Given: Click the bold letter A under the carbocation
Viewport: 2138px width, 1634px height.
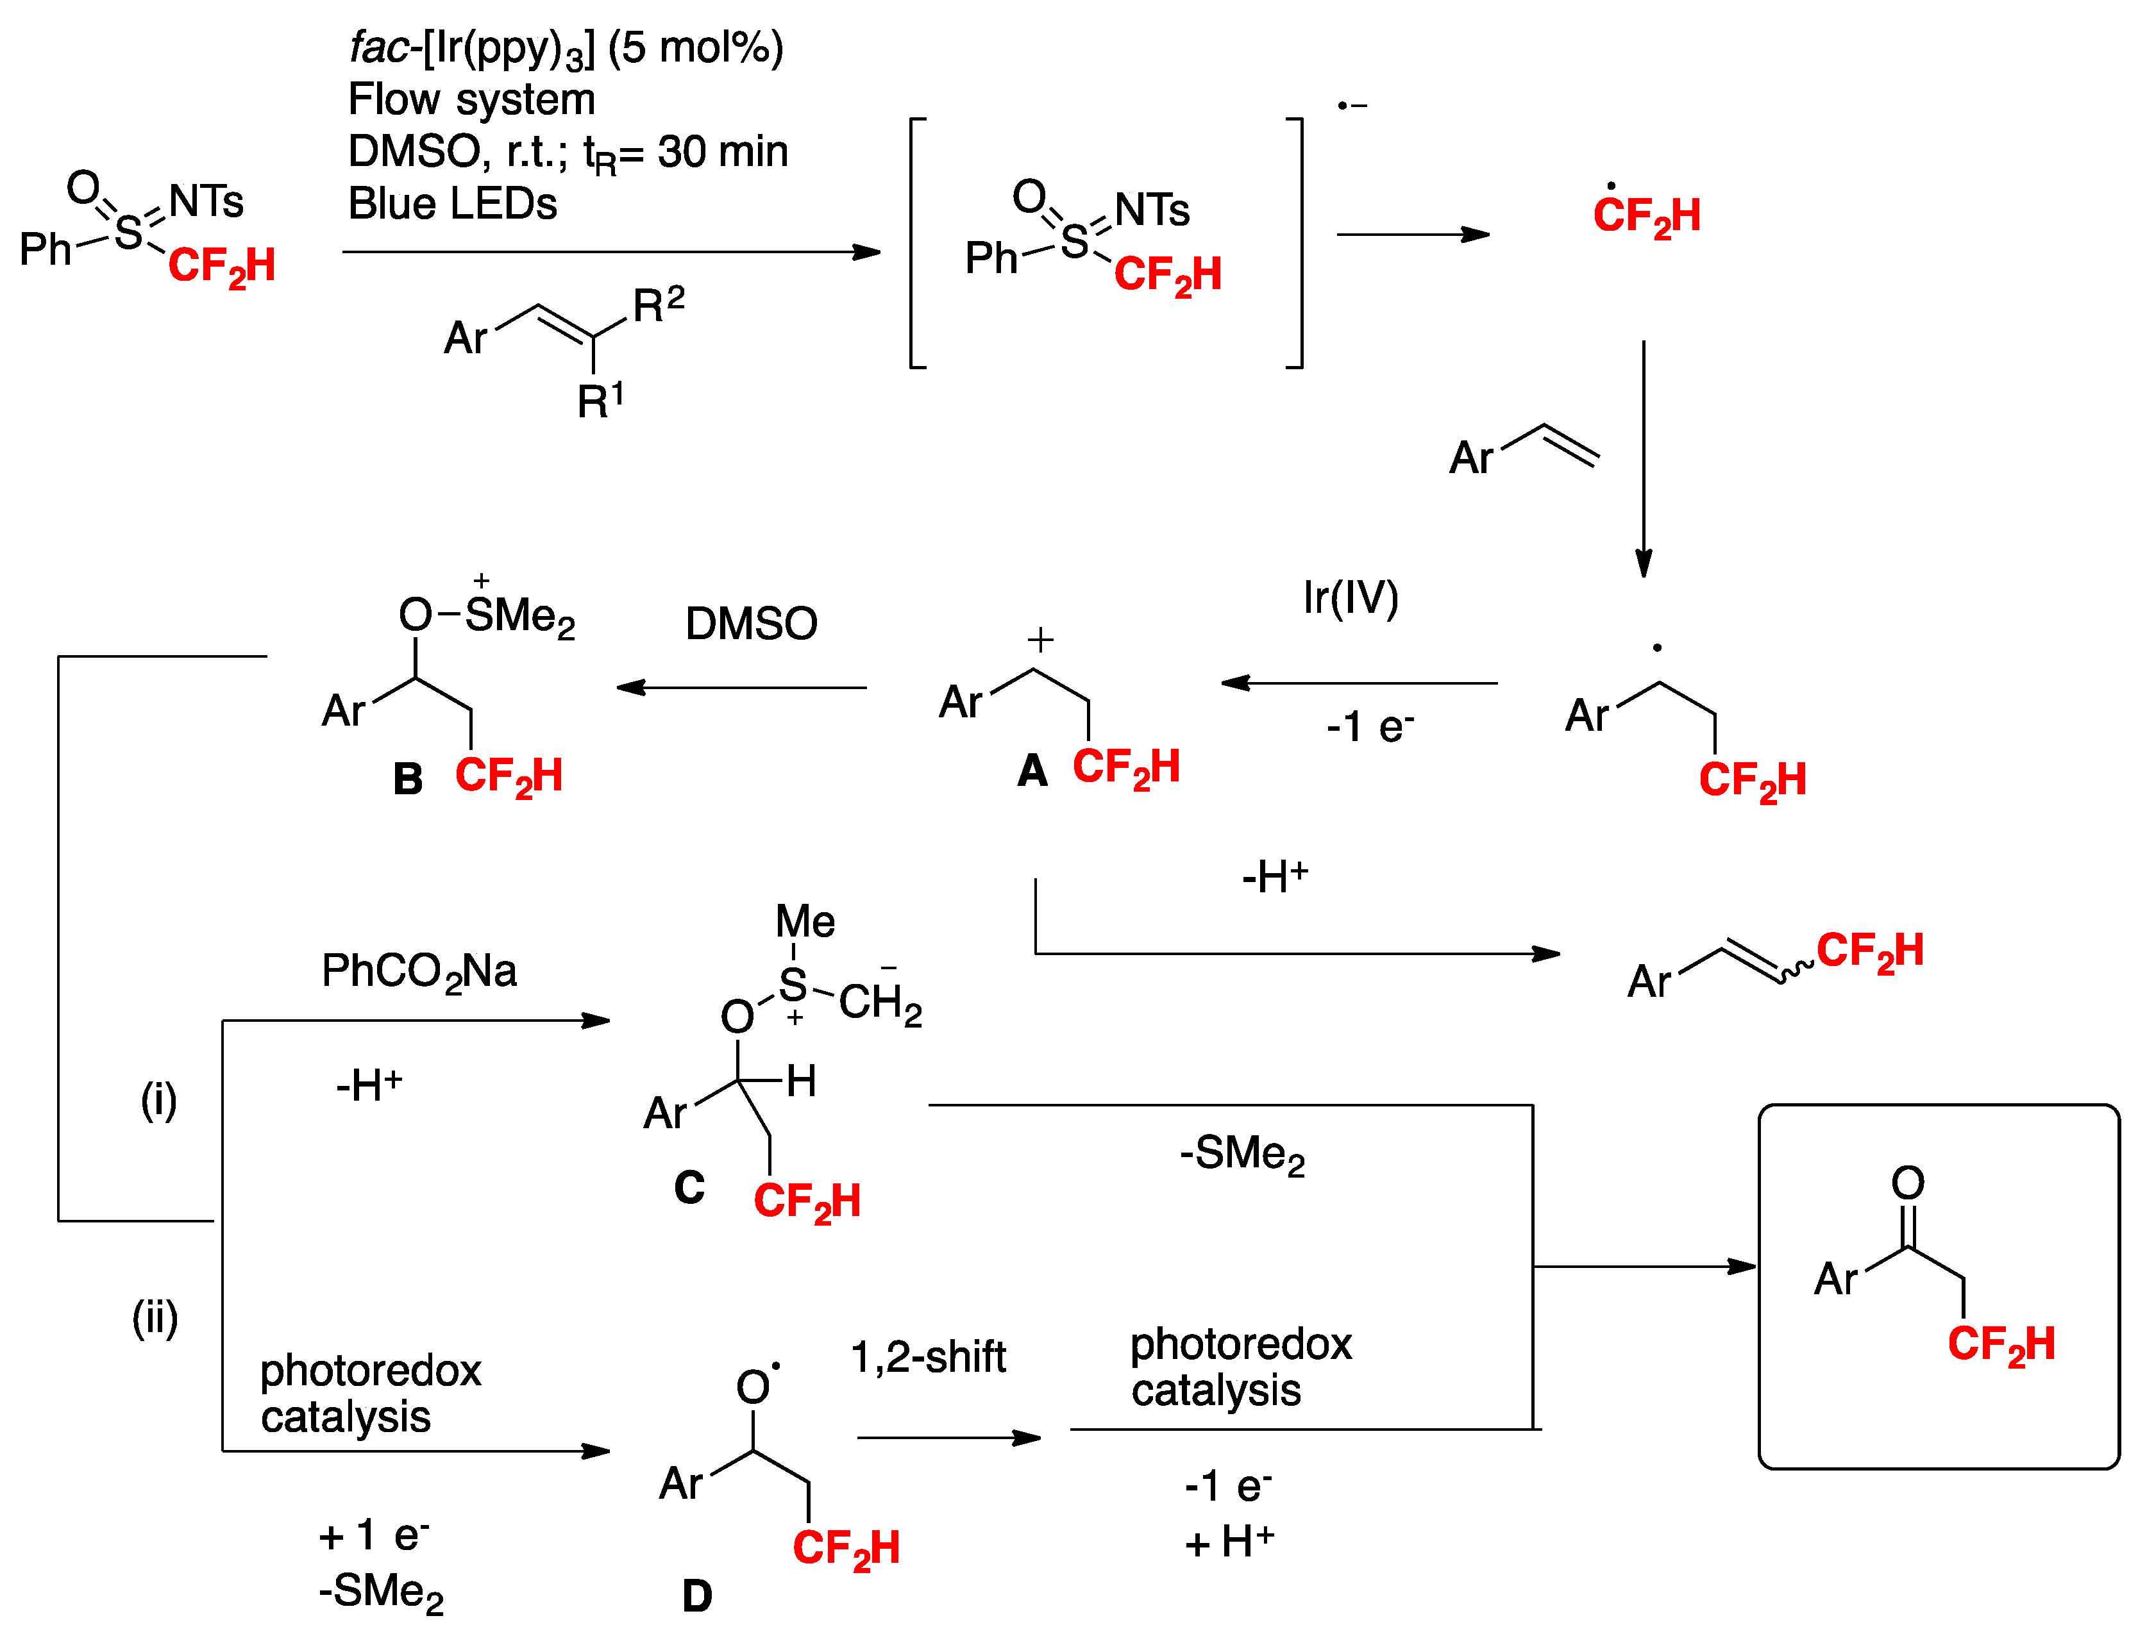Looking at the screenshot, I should (x=1032, y=771).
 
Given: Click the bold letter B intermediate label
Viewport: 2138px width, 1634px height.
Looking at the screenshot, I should (x=408, y=779).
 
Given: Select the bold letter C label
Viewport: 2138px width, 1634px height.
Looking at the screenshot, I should (x=689, y=1188).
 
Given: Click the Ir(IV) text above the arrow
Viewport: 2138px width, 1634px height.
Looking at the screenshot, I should (x=1350, y=597).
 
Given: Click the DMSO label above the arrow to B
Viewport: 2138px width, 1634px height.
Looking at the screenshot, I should (x=751, y=624).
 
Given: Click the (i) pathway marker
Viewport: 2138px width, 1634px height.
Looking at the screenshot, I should (x=158, y=1101).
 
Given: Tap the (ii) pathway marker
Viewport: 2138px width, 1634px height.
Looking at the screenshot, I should (x=155, y=1319).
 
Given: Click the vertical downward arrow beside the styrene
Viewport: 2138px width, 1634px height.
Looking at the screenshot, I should (x=1643, y=457).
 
